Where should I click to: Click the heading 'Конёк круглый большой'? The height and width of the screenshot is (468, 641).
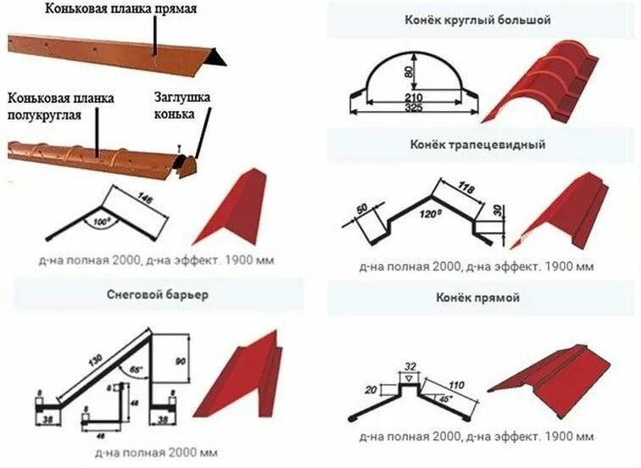[x=481, y=19]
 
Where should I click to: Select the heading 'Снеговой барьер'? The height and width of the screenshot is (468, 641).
[x=157, y=296]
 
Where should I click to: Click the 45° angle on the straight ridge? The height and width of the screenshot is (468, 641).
[x=445, y=398]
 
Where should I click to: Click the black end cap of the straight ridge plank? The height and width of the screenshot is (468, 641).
[x=219, y=57]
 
